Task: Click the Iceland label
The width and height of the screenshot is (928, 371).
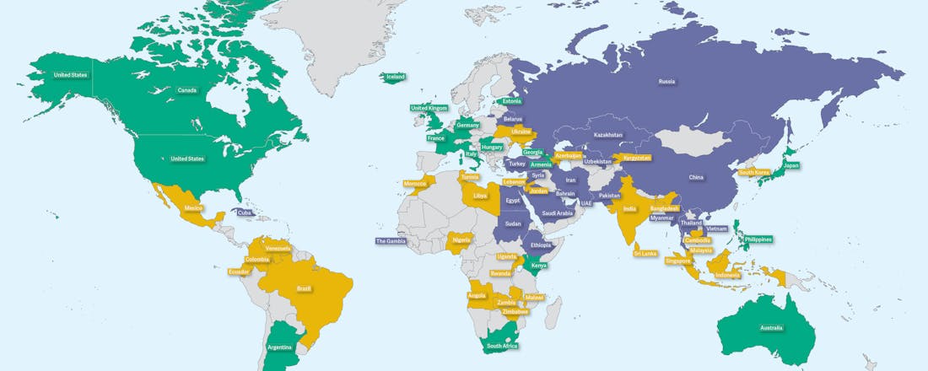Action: tap(396, 77)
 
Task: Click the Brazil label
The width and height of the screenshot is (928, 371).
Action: tap(304, 288)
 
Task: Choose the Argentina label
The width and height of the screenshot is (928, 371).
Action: tap(280, 347)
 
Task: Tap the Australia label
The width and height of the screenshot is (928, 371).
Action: tap(770, 327)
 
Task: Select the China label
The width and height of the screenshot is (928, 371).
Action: tap(696, 178)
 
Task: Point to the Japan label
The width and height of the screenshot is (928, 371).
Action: tap(790, 165)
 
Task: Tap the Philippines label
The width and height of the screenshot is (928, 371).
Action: tap(758, 239)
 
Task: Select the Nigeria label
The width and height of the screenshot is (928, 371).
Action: tap(461, 240)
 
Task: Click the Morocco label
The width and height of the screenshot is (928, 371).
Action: tap(415, 183)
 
